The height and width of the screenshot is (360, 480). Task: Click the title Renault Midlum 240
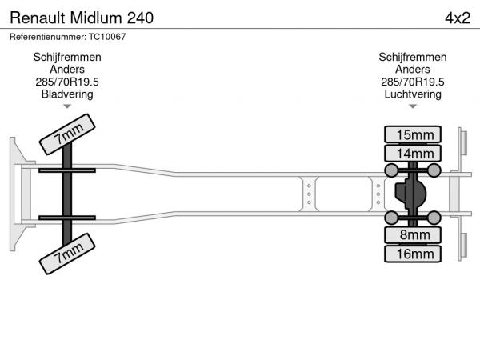coord(82,18)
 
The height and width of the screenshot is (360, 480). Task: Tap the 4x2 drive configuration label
coord(458,18)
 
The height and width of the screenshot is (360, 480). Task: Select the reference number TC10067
coord(107,37)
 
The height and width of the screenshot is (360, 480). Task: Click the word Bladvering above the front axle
coord(67,94)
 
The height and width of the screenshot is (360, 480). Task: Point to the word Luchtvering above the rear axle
coord(413,94)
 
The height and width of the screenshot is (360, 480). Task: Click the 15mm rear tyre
coord(413,134)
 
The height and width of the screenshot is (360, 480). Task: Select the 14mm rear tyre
coord(413,153)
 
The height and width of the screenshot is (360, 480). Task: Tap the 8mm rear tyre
coord(413,234)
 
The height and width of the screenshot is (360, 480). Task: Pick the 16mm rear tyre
coord(413,254)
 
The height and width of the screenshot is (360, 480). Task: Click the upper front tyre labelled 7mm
coord(67,134)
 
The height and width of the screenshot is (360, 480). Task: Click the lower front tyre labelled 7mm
coord(67,254)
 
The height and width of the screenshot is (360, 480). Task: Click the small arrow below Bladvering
coord(67,106)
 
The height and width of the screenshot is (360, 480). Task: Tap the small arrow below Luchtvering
coord(413,106)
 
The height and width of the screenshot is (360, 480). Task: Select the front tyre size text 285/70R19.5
coord(67,82)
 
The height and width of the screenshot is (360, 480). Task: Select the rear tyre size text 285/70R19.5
coord(413,82)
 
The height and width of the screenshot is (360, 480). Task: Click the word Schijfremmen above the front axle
coord(67,58)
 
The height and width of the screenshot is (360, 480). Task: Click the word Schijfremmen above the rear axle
coord(413,58)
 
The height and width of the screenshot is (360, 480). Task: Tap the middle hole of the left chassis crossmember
coord(309,194)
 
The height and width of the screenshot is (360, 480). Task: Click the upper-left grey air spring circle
coord(391,170)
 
